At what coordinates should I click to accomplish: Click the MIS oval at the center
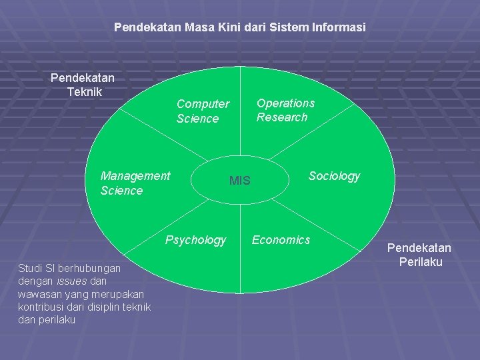click(239, 180)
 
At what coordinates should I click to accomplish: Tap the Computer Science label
click(202, 111)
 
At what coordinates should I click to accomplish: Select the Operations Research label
click(285, 110)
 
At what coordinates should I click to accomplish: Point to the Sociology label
click(333, 176)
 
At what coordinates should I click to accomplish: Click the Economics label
click(281, 240)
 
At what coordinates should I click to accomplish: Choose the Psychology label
click(195, 240)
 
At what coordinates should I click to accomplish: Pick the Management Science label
click(135, 183)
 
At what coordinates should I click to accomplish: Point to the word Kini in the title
click(215, 28)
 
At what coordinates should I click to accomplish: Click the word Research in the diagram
click(282, 117)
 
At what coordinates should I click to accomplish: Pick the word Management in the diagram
click(135, 176)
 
